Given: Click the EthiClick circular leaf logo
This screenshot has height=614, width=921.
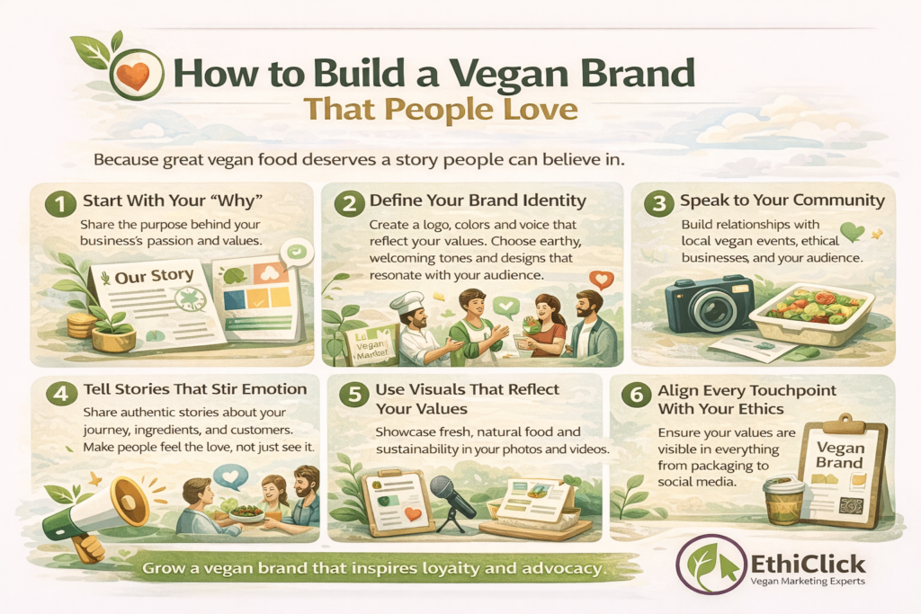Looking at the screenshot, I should [711, 565].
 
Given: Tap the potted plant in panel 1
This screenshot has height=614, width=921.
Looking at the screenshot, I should [108, 324].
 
